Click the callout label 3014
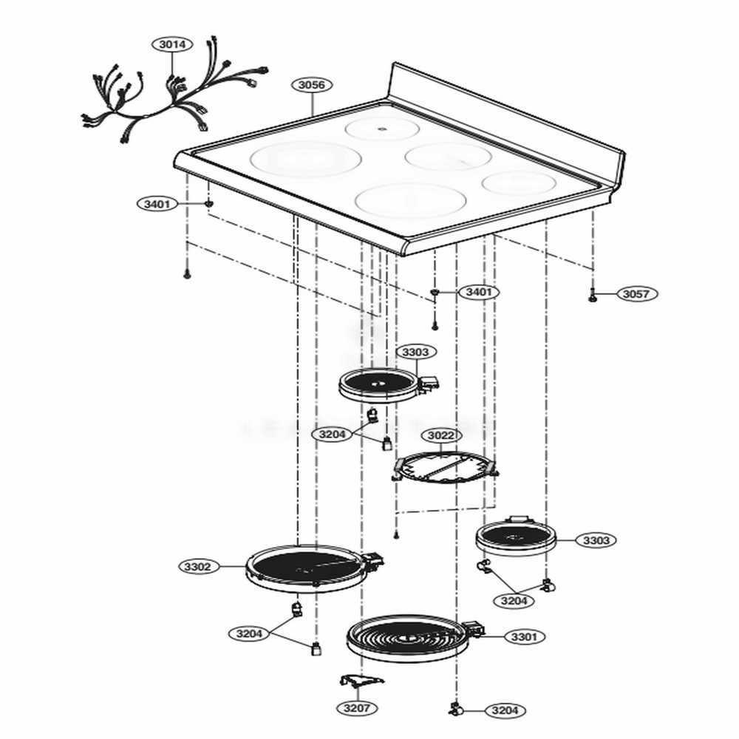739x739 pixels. [x=172, y=44]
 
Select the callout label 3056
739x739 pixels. [x=312, y=85]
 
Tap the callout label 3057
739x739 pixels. [x=636, y=293]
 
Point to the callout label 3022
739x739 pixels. [x=441, y=435]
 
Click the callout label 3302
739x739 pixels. [x=198, y=566]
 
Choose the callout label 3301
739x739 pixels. [x=524, y=637]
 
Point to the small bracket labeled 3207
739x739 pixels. [x=361, y=681]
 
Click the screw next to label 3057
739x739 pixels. [x=593, y=297]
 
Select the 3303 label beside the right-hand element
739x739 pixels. [x=596, y=540]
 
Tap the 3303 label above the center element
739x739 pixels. [x=415, y=352]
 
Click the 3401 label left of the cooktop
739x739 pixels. [x=157, y=204]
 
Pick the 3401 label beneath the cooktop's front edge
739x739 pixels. [x=479, y=292]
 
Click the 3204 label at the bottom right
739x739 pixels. [x=505, y=710]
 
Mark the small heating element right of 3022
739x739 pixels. [x=516, y=537]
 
